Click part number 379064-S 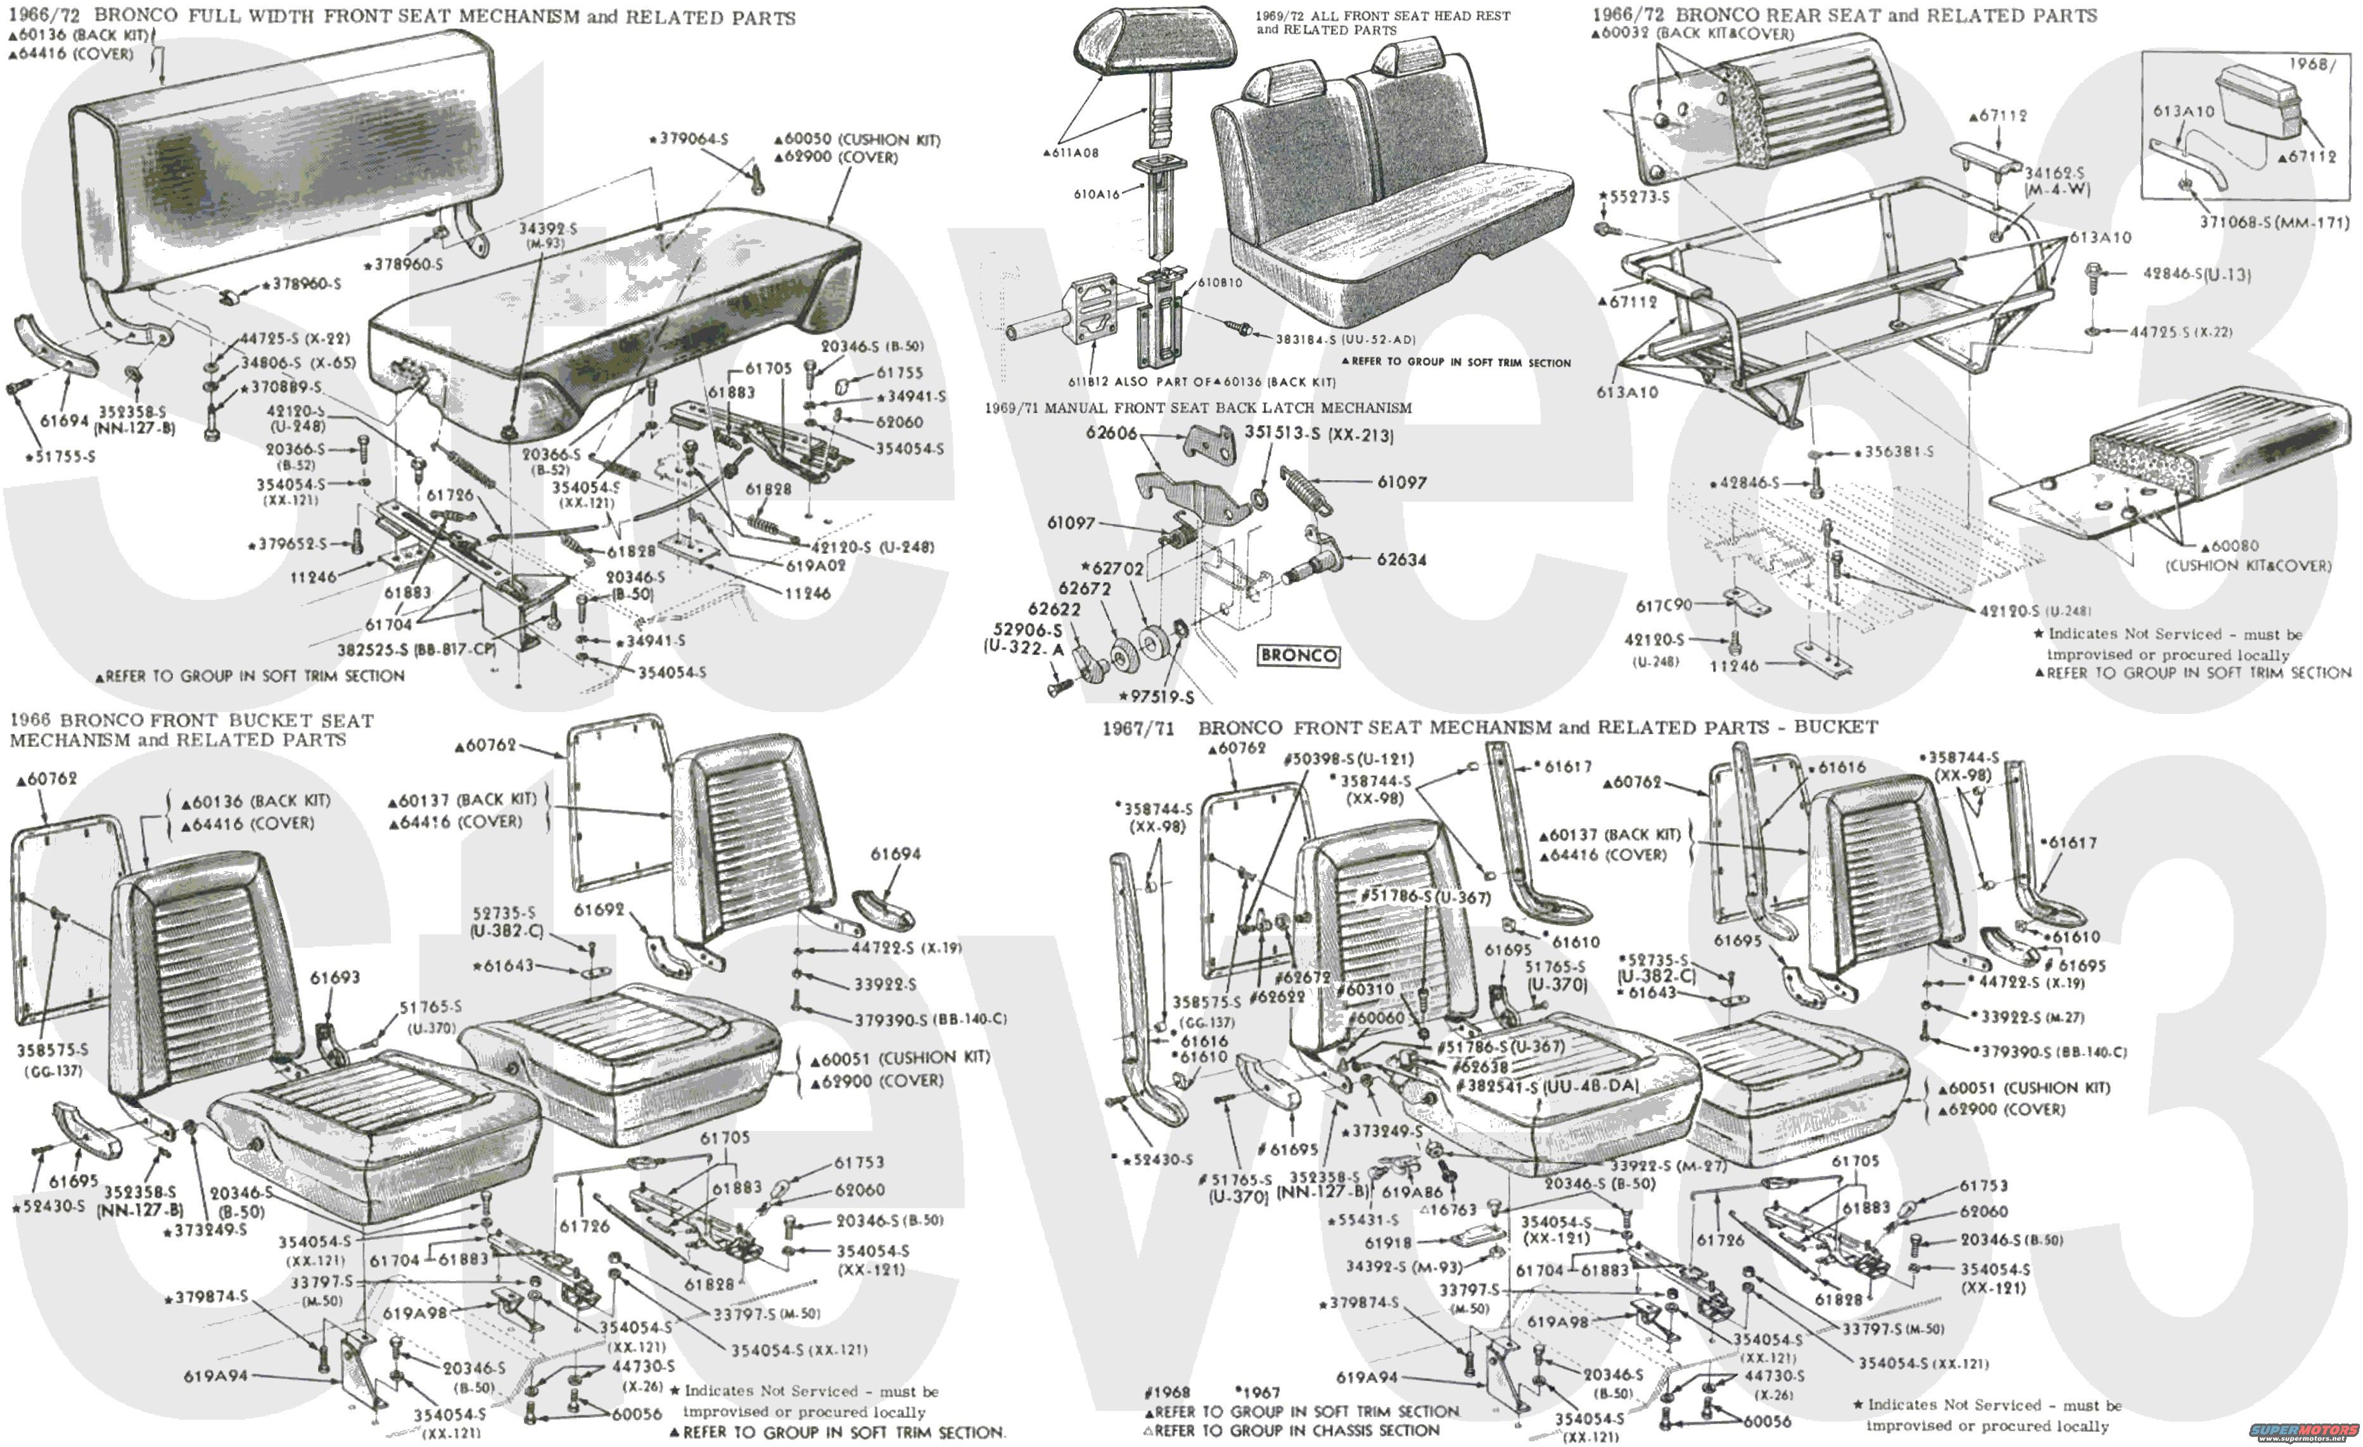pyautogui.click(x=692, y=139)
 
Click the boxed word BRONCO pyautogui.click(x=1299, y=655)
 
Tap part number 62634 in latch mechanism pyautogui.click(x=1401, y=559)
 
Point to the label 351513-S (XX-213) pyautogui.click(x=1318, y=433)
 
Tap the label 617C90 pyautogui.click(x=1663, y=605)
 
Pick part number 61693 pyautogui.click(x=334, y=977)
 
